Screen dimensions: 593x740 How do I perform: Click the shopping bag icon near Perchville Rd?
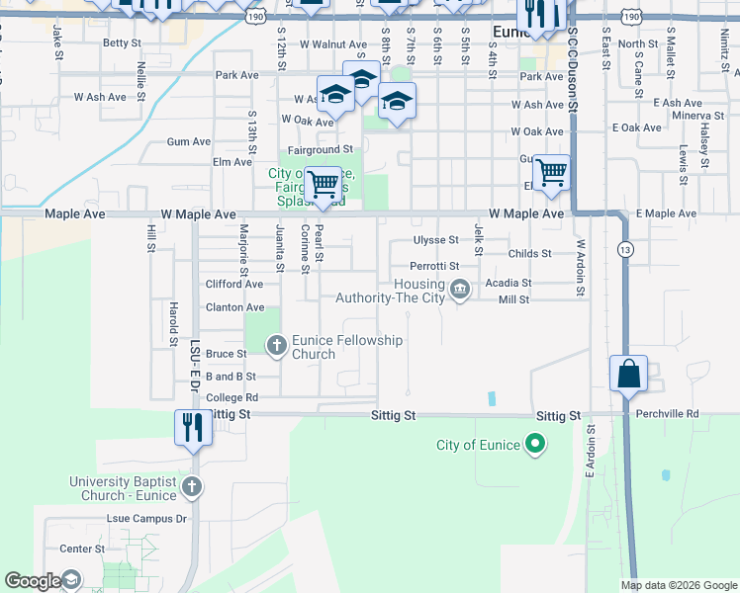(628, 375)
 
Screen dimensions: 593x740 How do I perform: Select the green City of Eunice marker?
(535, 445)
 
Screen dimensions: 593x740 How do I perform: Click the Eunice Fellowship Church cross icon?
(276, 344)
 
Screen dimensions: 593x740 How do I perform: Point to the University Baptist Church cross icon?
(192, 487)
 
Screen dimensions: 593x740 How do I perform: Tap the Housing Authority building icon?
(459, 290)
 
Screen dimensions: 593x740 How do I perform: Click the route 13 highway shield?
(624, 249)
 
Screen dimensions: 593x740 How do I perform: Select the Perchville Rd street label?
(667, 413)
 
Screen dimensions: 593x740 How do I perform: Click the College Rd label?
(231, 397)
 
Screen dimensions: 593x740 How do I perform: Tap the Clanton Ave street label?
(234, 307)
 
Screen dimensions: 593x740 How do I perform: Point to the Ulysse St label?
(435, 240)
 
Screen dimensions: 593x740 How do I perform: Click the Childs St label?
(529, 254)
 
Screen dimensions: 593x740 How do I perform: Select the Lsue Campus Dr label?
(146, 518)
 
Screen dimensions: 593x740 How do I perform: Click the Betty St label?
(123, 43)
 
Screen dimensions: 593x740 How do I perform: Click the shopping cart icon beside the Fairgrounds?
(323, 184)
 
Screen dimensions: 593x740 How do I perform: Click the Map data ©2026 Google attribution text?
(678, 585)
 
